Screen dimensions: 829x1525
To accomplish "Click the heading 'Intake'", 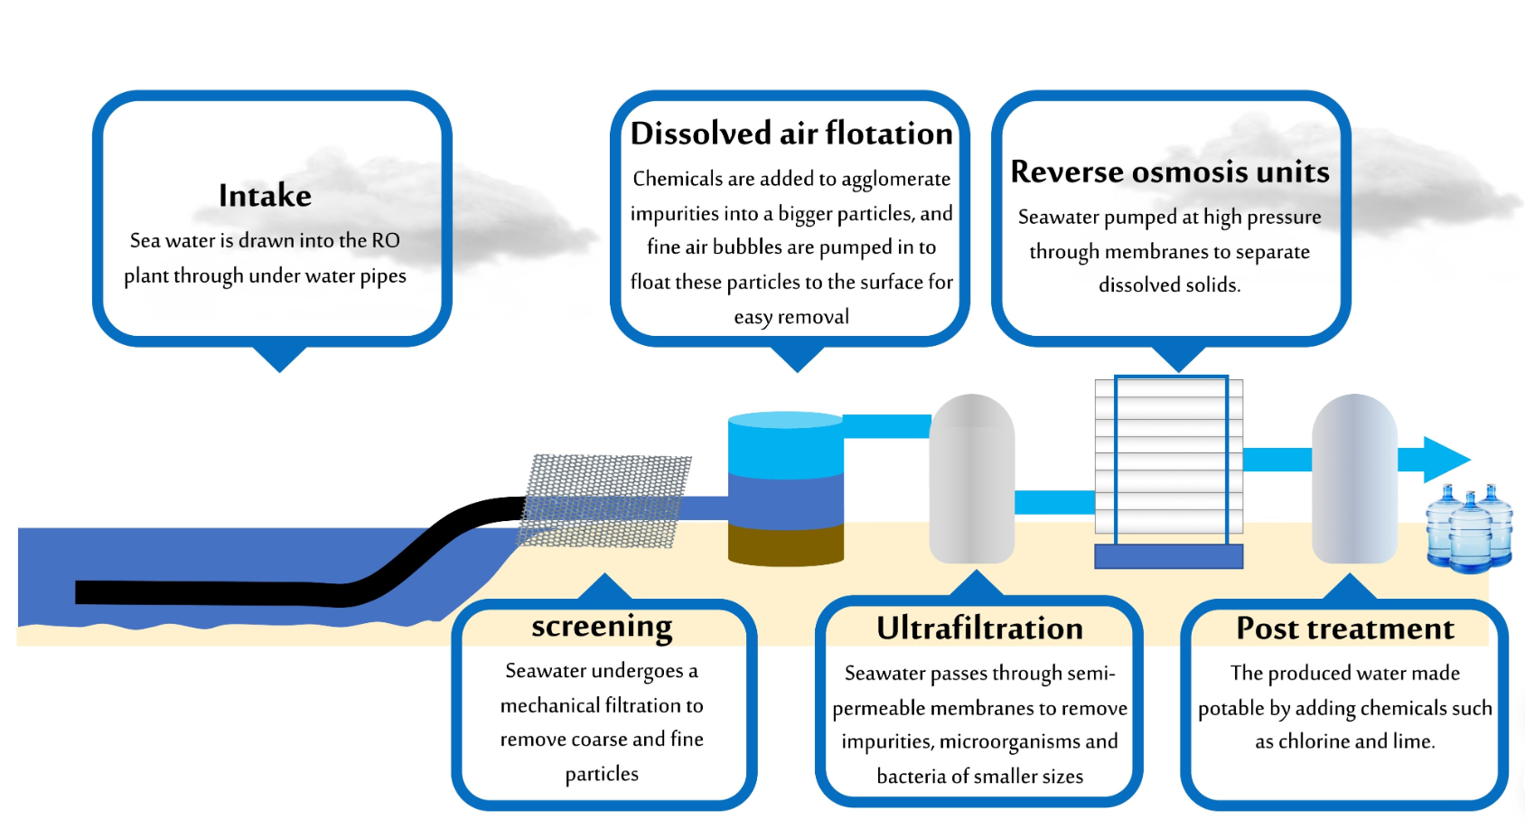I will (x=265, y=196).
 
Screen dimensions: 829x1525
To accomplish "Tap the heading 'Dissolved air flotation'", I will (x=791, y=134).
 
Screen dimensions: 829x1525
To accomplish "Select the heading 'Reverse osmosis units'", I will (x=1169, y=172).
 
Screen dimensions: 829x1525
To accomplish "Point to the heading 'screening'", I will (x=602, y=627).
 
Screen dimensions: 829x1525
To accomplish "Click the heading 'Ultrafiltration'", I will (x=979, y=629).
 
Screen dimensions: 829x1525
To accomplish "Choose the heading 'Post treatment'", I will (x=1344, y=629).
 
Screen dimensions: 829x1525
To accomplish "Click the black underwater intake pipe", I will (x=226, y=592).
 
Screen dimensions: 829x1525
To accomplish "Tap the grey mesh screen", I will (x=603, y=501).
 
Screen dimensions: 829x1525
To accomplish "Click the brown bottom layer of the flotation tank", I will (x=786, y=544).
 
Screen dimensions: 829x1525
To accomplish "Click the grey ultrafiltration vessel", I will (x=972, y=479).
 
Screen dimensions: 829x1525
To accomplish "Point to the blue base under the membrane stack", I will (x=1168, y=556).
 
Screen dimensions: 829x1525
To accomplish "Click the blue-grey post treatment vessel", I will (x=1353, y=479).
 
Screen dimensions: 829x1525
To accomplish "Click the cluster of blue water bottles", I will (x=1469, y=529).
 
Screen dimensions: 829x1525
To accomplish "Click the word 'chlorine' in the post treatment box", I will (x=1314, y=741).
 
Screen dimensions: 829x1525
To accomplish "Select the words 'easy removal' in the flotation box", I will (x=791, y=317).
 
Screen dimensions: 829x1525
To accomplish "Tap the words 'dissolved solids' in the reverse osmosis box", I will (x=1168, y=285).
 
